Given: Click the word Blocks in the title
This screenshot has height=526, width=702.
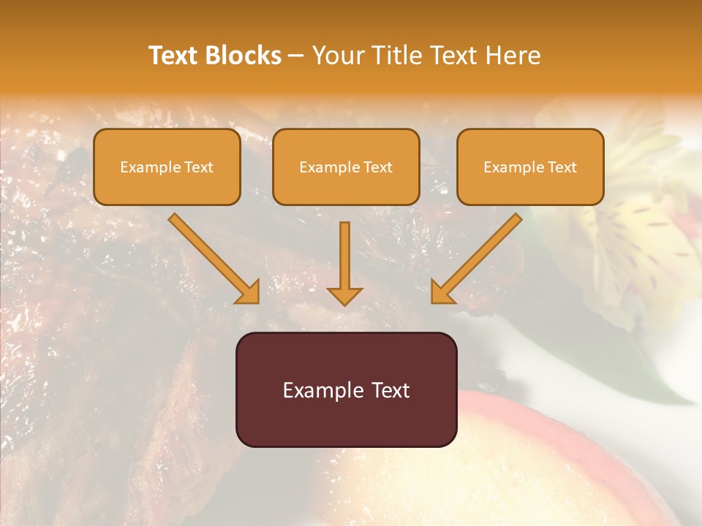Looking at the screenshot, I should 245,56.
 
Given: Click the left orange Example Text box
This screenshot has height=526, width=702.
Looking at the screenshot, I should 167,167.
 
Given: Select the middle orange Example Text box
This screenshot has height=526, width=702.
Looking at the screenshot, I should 346,167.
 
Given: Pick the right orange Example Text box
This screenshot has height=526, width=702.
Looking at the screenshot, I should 530,167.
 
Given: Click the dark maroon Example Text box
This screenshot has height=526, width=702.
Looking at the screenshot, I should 346,389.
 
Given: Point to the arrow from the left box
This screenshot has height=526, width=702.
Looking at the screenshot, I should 212,256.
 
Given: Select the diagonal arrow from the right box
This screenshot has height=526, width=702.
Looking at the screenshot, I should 479,256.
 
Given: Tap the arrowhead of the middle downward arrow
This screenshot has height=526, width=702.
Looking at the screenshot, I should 344,296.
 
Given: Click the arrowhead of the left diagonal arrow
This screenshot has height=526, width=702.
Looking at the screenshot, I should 249,292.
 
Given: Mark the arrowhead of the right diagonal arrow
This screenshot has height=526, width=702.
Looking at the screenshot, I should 441,292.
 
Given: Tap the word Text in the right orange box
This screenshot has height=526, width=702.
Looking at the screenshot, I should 562,167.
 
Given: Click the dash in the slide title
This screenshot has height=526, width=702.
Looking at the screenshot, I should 296,56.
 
